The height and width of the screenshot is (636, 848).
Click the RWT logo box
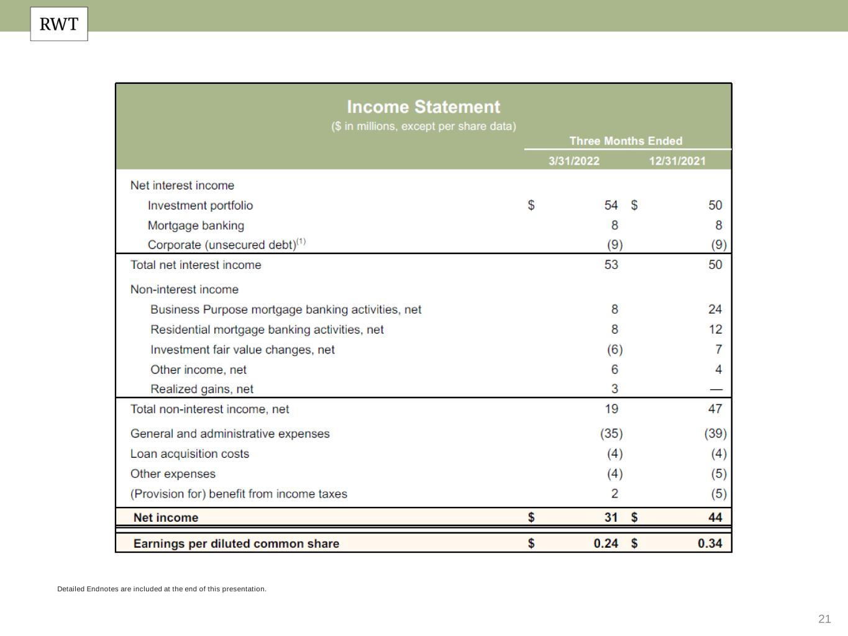[59, 24]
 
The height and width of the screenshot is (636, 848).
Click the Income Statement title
[423, 107]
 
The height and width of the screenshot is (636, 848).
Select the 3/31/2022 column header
[573, 161]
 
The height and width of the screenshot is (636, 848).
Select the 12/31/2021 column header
[677, 161]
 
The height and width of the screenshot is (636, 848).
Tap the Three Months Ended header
[626, 141]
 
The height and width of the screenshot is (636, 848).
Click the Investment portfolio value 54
[611, 205]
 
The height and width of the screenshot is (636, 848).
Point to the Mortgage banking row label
[196, 225]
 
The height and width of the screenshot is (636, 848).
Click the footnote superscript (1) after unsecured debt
[301, 242]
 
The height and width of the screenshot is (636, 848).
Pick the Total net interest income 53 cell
[611, 265]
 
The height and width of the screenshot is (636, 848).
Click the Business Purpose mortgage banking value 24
[715, 309]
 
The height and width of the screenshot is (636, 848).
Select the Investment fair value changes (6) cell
[614, 350]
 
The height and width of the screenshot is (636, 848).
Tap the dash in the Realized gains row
[716, 389]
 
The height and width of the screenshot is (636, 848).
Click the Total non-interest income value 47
[715, 409]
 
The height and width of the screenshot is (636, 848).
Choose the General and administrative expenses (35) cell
[611, 434]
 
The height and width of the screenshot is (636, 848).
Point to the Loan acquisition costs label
[189, 454]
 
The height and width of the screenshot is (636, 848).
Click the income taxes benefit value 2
[614, 494]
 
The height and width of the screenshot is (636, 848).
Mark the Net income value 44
[715, 517]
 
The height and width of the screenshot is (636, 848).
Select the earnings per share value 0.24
[606, 543]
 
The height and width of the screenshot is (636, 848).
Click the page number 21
[824, 619]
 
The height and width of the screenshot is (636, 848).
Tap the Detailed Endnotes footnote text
[162, 589]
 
